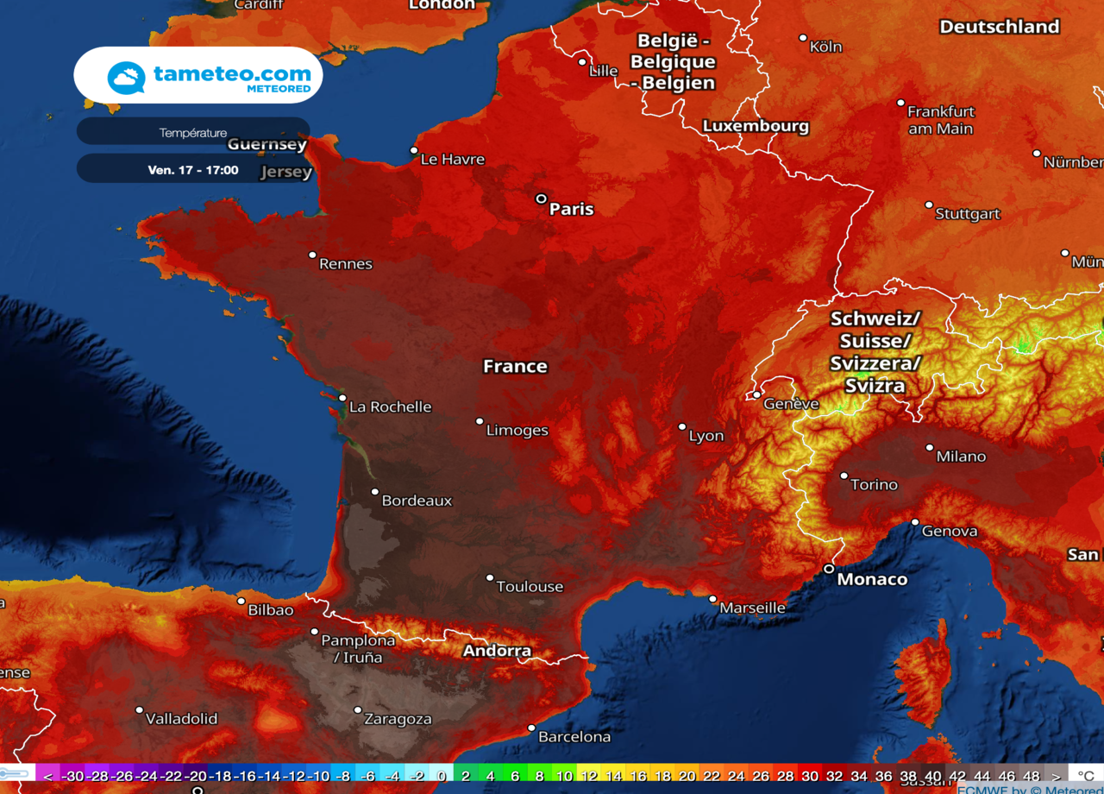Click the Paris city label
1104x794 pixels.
[572, 209]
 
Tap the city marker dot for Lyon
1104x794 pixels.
[681, 426]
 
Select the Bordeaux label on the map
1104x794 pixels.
[417, 501]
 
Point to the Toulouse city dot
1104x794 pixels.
[490, 578]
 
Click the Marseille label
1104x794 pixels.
[752, 608]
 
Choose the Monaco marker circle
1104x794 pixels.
[829, 569]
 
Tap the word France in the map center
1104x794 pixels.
[515, 366]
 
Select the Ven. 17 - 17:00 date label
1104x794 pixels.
[193, 170]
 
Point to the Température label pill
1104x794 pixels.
[193, 133]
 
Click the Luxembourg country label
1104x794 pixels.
[756, 126]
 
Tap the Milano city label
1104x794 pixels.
[960, 457]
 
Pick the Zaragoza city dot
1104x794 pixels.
[358, 710]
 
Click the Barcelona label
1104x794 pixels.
[574, 737]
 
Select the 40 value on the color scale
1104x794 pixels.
[932, 776]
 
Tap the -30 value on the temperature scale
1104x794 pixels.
[73, 776]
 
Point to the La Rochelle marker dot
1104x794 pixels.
[342, 399]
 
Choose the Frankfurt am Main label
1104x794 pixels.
[940, 120]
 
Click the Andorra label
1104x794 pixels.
[497, 651]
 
